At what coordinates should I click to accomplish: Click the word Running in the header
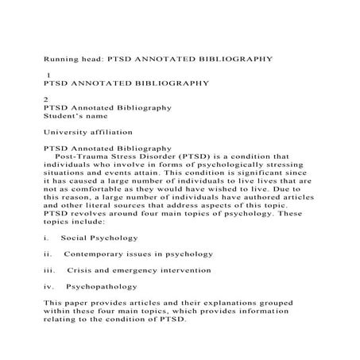pyautogui.click(x=64, y=58)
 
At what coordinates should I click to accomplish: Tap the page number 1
pyautogui.click(x=49, y=73)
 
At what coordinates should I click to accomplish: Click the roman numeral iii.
pyautogui.click(x=50, y=270)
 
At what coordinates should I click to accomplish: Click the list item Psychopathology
pyautogui.click(x=102, y=286)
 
